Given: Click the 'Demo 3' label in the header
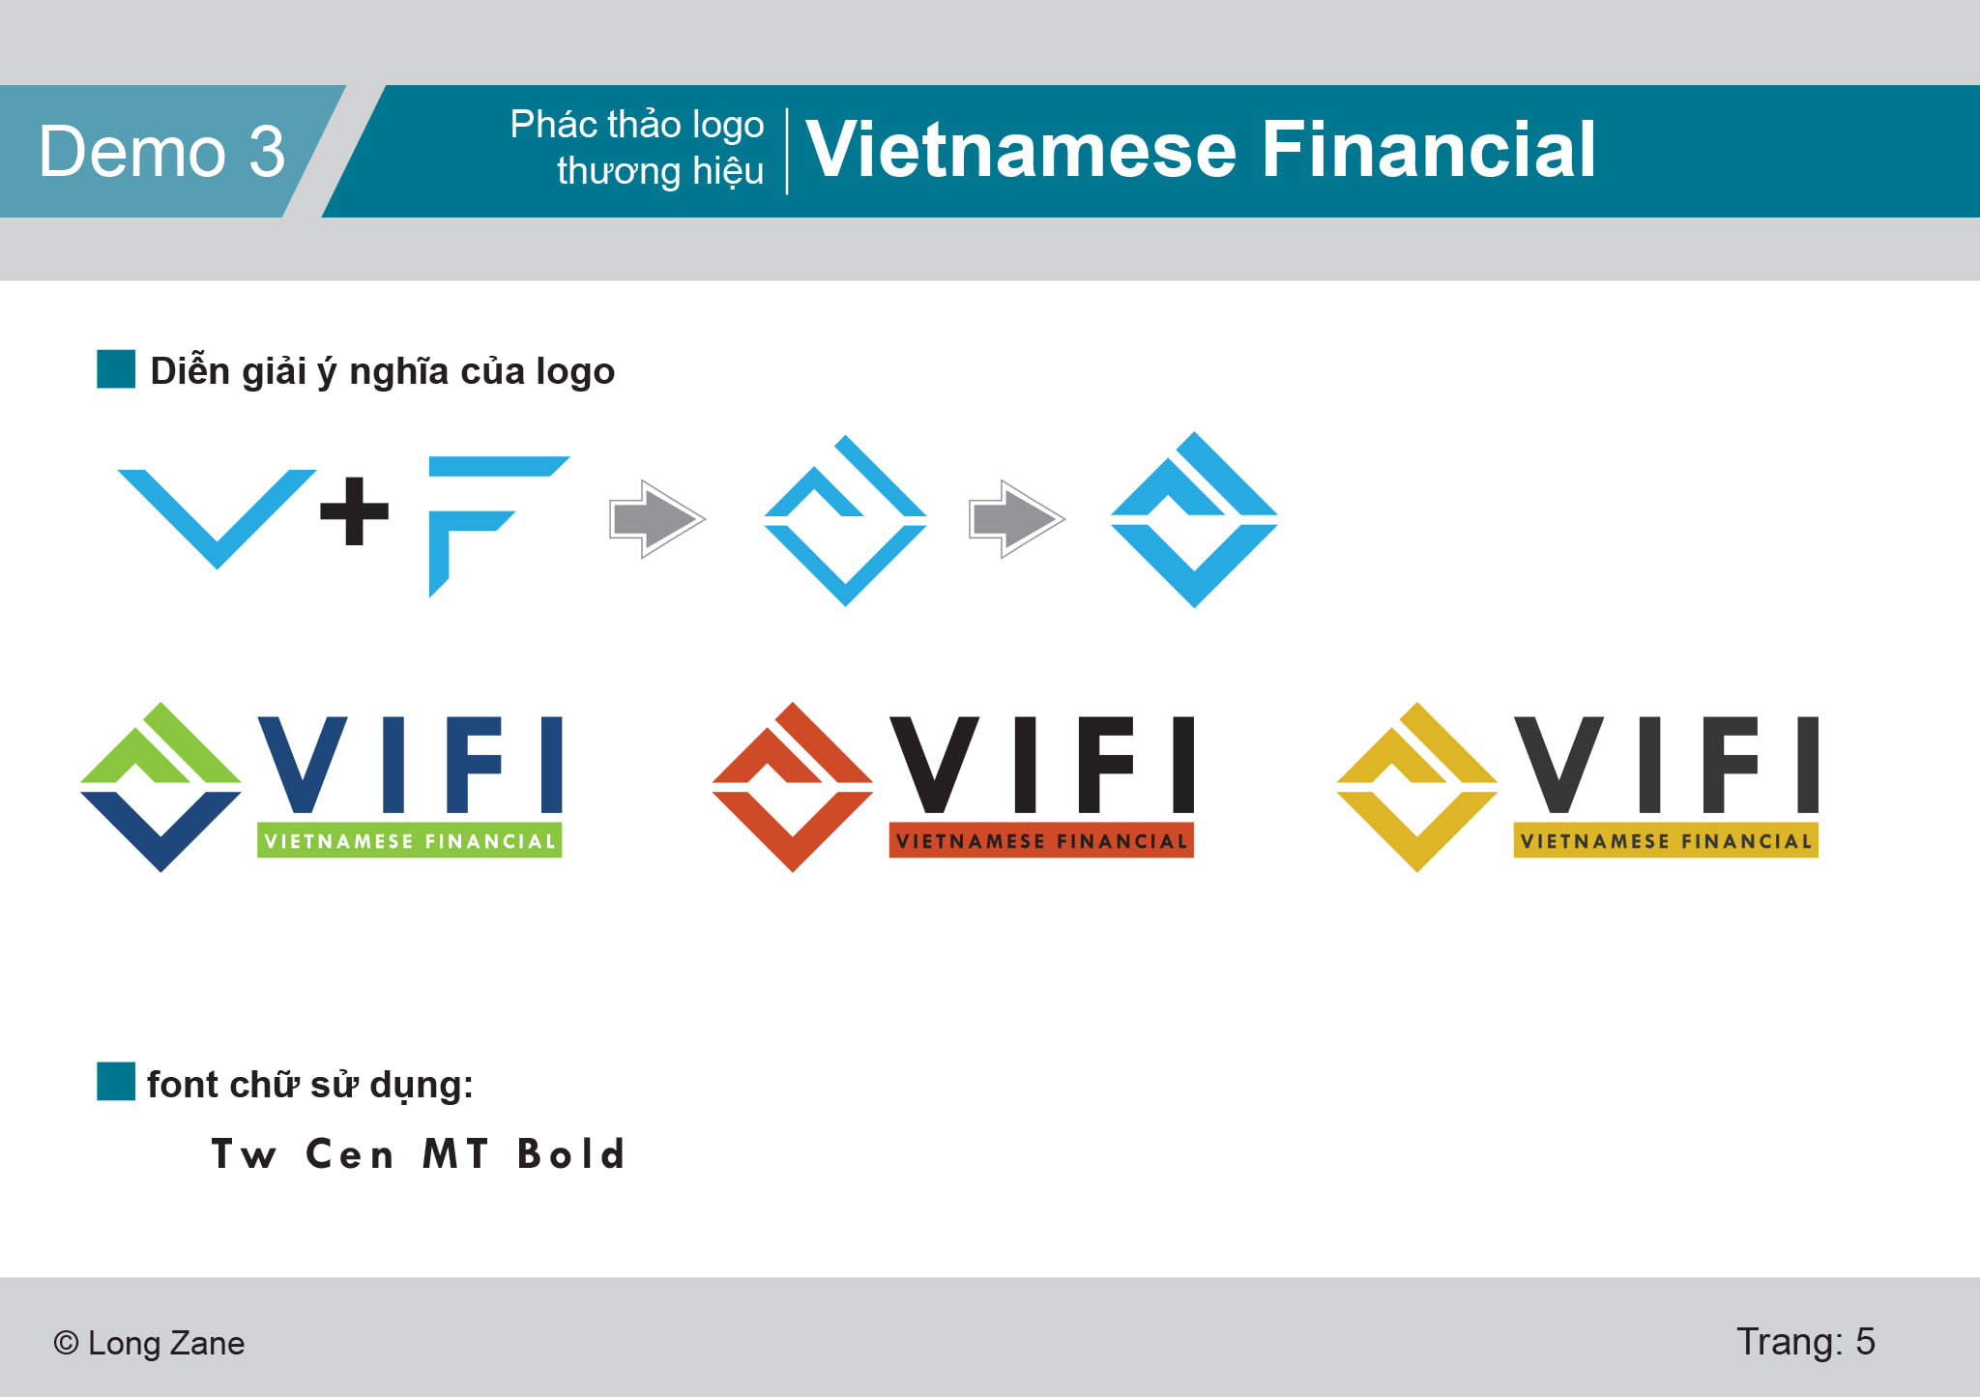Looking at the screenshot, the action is [161, 152].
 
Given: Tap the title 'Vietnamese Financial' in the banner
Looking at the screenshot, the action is [1200, 149].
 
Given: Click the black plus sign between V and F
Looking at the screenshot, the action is [354, 510].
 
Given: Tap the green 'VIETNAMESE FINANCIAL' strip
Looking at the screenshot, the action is [410, 840].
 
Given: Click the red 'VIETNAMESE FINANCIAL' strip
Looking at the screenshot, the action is [1041, 840].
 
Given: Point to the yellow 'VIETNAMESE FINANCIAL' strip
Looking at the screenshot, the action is [1666, 840].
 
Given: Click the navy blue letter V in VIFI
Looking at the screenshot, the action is [303, 764].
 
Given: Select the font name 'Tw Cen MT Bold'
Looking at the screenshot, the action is [418, 1154].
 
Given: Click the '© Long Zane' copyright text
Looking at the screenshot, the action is [149, 1343].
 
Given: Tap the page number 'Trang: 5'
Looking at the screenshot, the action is [1805, 1342].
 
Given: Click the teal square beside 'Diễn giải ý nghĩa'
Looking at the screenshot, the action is [116, 369].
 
